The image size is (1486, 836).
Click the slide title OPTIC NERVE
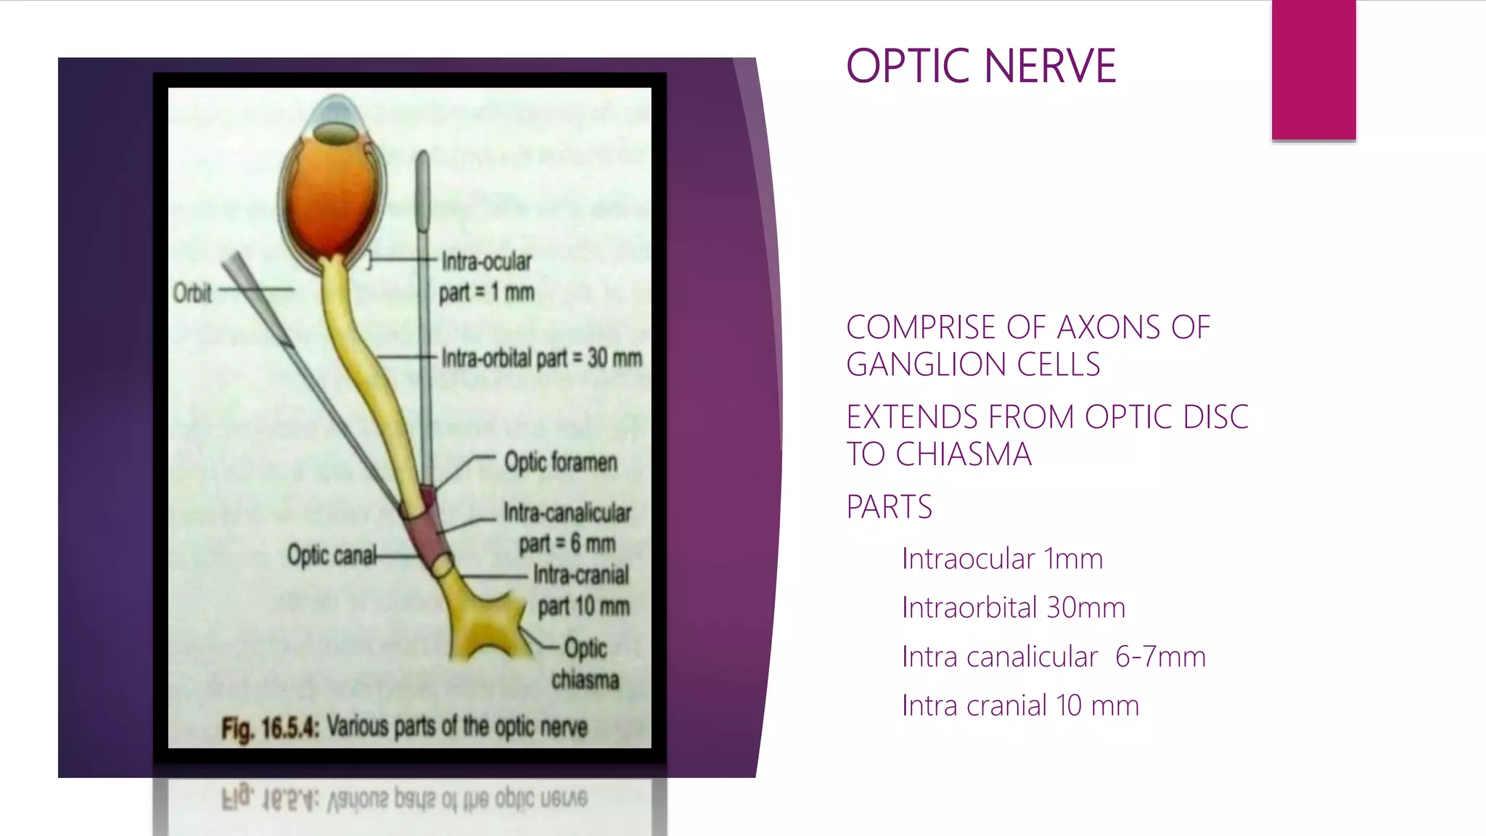980,66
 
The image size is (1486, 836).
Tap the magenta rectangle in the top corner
1313,70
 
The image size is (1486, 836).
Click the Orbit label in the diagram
192,293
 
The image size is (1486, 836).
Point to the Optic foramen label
560,462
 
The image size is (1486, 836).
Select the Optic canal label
332,555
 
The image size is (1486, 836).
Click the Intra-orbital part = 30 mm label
541,358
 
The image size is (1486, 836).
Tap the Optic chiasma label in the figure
585,663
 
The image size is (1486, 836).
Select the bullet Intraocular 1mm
1001,559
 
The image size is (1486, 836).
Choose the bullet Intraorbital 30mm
1013,607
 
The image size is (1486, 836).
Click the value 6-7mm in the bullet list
1159,657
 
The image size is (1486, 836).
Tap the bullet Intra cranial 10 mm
1019,705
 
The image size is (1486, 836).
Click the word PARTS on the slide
889,507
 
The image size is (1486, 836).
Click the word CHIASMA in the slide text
963,454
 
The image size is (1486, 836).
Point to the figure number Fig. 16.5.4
270,728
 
